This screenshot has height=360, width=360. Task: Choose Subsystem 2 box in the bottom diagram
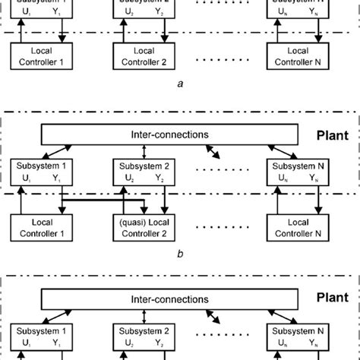pos(140,337)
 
